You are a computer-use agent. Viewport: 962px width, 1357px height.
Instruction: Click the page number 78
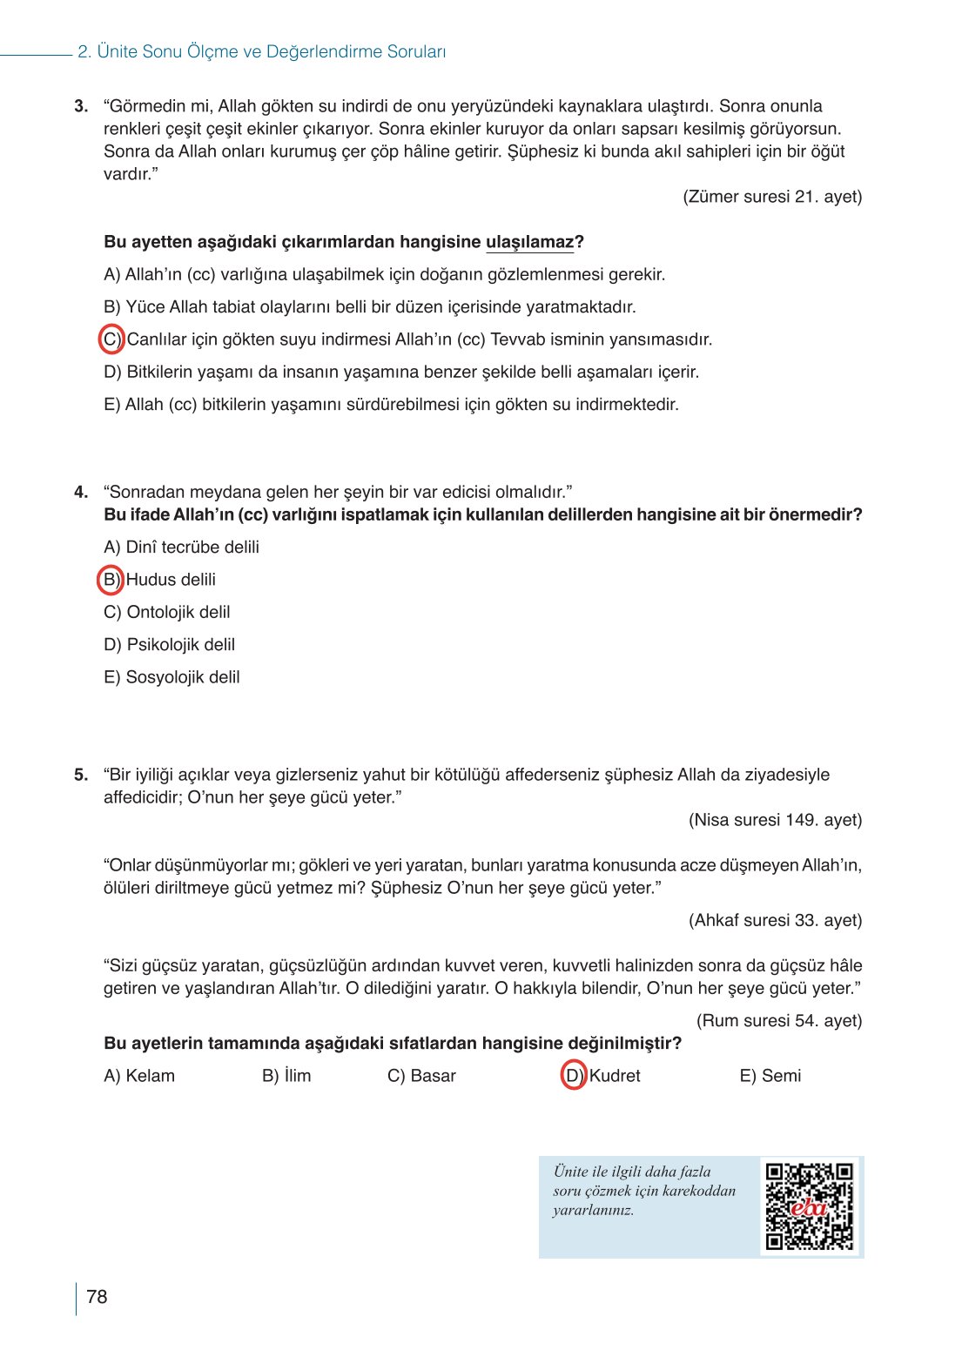click(97, 1297)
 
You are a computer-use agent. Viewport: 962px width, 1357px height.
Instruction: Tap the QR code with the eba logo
click(809, 1206)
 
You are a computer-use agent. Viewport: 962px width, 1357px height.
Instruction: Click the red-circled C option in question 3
click(111, 339)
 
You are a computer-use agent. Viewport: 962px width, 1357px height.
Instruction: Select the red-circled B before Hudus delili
click(111, 580)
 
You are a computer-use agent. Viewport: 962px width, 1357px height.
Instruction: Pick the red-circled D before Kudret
click(574, 1076)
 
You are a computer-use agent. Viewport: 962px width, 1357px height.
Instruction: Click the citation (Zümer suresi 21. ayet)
click(772, 197)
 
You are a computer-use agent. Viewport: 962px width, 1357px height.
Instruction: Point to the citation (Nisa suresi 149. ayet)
click(775, 820)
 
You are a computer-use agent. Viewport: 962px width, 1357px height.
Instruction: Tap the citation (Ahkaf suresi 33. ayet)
click(775, 920)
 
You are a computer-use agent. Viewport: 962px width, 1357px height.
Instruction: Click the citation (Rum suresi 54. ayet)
click(778, 1020)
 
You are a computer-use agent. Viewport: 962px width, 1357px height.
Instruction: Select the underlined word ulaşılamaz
click(529, 242)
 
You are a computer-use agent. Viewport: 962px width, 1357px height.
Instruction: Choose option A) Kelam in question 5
click(139, 1076)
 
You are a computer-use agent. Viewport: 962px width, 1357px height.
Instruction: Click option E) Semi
click(770, 1076)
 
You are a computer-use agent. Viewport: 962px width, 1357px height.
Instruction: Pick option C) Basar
click(421, 1076)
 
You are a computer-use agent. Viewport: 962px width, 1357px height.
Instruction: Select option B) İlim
click(286, 1076)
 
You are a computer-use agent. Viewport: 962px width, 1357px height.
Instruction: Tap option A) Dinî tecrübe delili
click(181, 548)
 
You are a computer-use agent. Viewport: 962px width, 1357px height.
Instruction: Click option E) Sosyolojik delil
click(172, 677)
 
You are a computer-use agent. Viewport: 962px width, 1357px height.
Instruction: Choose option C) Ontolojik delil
click(167, 613)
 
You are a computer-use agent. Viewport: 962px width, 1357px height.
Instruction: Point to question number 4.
click(81, 493)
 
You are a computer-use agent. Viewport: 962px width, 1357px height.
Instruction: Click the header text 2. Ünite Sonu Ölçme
click(261, 52)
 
